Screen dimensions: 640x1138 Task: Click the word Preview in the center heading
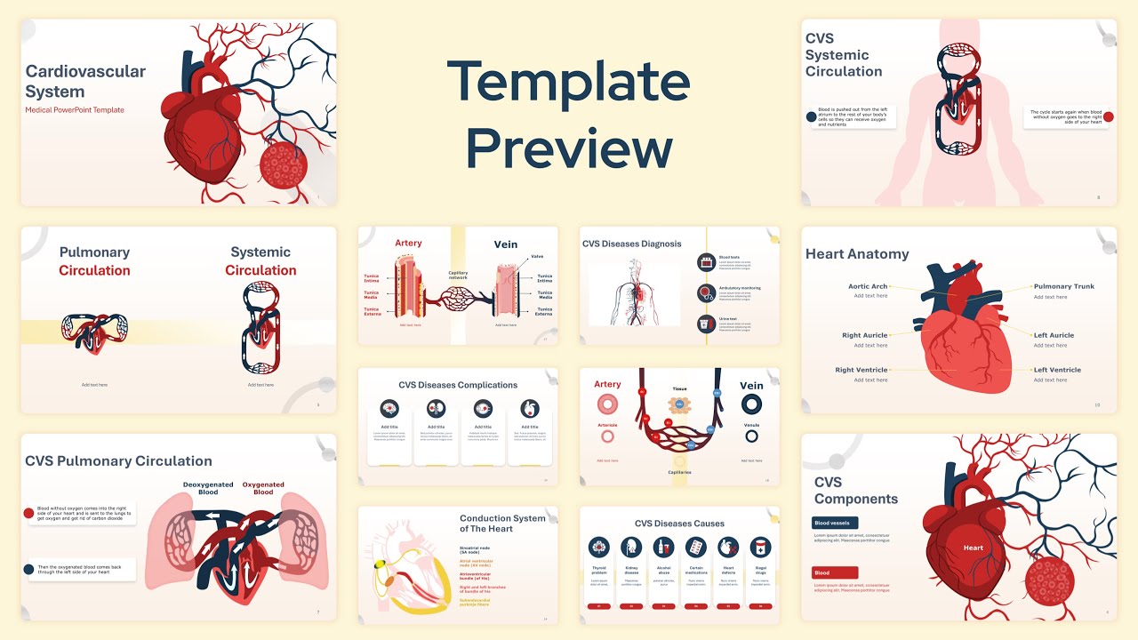pyautogui.click(x=568, y=148)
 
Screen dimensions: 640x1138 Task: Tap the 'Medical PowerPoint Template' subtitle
pyautogui.click(x=75, y=110)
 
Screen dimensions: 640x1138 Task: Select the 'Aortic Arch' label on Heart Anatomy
pyautogui.click(x=868, y=286)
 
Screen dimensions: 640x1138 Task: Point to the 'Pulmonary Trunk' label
pyautogui.click(x=1063, y=286)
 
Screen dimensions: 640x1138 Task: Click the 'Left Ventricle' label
pyautogui.click(x=1057, y=370)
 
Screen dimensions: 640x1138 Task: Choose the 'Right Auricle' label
pyautogui.click(x=864, y=335)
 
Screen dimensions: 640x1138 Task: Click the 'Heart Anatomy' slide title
pyautogui.click(x=857, y=253)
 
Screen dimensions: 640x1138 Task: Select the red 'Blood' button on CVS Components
pyautogui.click(x=835, y=573)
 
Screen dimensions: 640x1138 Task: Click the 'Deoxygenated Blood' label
pyautogui.click(x=208, y=488)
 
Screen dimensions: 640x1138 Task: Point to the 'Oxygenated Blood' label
pyautogui.click(x=263, y=488)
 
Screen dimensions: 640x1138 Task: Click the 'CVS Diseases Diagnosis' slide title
pyautogui.click(x=631, y=244)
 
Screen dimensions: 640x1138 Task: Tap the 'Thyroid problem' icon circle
pyautogui.click(x=599, y=547)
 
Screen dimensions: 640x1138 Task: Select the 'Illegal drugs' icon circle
pyautogui.click(x=760, y=547)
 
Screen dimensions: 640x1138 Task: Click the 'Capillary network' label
pyautogui.click(x=458, y=276)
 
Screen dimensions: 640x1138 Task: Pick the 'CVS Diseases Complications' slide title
pyautogui.click(x=458, y=385)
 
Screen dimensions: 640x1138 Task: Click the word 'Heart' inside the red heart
pyautogui.click(x=974, y=548)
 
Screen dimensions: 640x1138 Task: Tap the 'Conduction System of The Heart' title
pyautogui.click(x=502, y=524)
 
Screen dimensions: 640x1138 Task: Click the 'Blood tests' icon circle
pyautogui.click(x=707, y=262)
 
